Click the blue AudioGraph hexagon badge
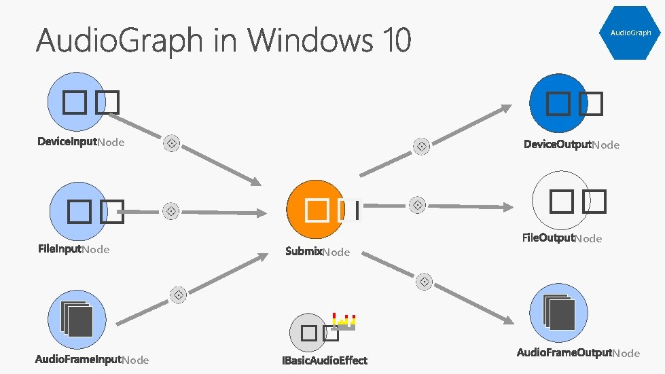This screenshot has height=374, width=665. (630, 32)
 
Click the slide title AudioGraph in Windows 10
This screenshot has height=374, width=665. (223, 40)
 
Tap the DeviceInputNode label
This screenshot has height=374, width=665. (80, 143)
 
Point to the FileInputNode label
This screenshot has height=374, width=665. (73, 249)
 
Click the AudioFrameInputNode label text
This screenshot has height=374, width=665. (92, 359)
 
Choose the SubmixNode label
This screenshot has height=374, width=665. (317, 252)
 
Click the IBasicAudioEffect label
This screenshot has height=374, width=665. (325, 360)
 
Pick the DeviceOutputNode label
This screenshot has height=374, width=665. (571, 145)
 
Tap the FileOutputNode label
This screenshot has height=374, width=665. (562, 238)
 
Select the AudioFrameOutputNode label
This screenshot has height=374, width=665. (578, 352)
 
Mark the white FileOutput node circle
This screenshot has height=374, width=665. (561, 200)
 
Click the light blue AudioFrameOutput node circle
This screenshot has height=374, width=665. (558, 314)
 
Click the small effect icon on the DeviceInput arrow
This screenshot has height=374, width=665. (173, 143)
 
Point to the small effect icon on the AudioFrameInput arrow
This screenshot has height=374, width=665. (179, 295)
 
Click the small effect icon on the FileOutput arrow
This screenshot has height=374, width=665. (418, 204)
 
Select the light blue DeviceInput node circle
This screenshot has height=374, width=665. (77, 103)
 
